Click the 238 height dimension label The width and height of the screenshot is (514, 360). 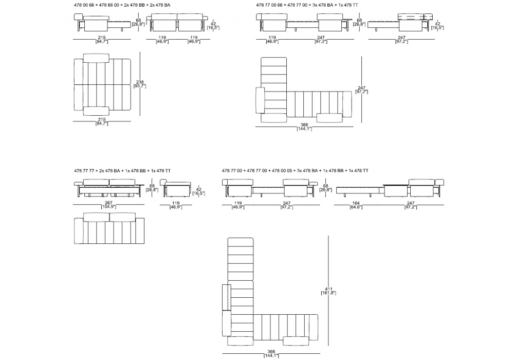pos(139,84)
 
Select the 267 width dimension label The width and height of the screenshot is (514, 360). pos(108,203)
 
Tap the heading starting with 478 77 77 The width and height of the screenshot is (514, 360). pos(122,170)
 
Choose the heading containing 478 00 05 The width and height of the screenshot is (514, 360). pos(295,170)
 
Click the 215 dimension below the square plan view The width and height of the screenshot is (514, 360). pos(102,120)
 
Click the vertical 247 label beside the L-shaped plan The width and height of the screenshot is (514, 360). pos(362,89)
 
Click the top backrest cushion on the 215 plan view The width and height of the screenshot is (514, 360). pos(101,56)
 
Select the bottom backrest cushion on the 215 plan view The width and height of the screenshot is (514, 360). pos(96,110)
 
